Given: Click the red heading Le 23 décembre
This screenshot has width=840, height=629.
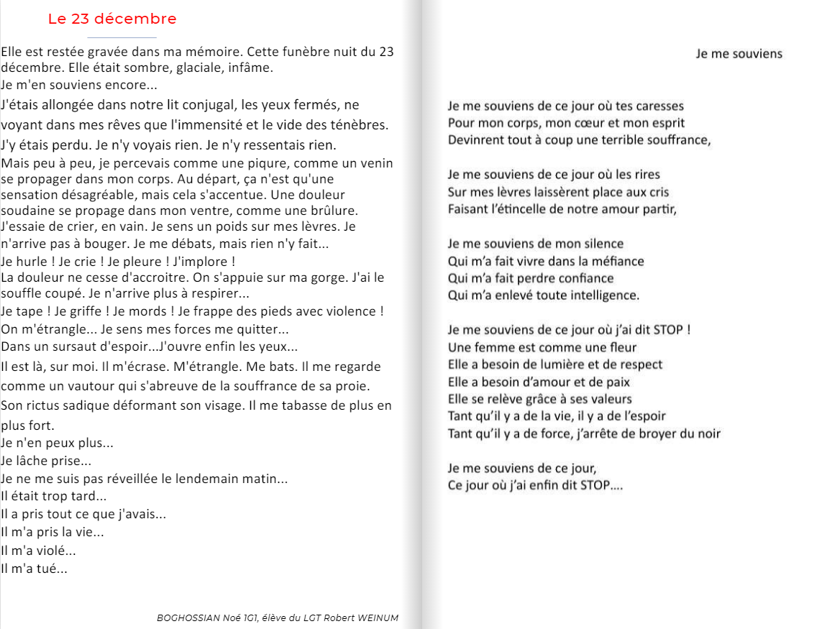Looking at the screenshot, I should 112,19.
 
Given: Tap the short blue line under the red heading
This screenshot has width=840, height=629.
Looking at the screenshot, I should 122,37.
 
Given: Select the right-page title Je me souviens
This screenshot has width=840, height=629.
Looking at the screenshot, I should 739,54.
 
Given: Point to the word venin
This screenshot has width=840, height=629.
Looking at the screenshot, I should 376,162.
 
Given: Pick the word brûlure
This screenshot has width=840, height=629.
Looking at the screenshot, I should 334,211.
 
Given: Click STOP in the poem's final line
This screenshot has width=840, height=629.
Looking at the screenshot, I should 594,485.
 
